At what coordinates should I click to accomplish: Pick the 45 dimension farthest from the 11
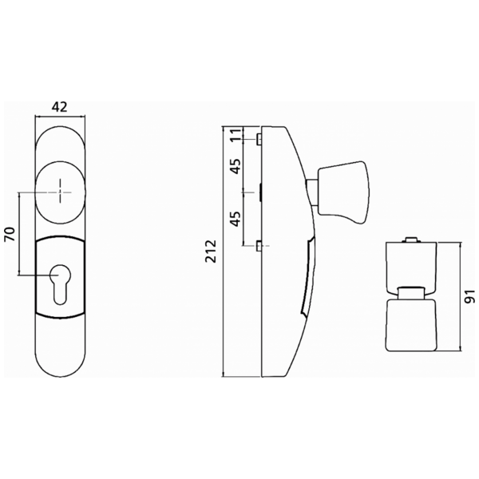(236, 219)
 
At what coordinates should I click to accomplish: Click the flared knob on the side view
(343, 192)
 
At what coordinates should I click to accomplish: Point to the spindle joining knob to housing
(310, 191)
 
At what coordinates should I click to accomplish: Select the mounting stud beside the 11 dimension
(260, 139)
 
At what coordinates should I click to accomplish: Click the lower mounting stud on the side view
(260, 246)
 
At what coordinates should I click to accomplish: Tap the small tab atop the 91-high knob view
(410, 239)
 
